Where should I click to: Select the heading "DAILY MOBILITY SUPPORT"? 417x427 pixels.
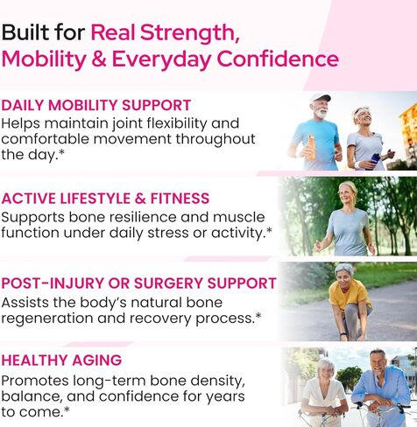96,105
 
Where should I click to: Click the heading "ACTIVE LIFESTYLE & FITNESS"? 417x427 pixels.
106,198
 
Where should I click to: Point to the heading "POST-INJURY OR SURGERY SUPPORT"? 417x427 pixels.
138,283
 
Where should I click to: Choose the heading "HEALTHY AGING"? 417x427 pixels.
61,360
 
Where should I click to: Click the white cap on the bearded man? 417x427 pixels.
321,98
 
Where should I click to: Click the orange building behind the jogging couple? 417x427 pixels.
407,123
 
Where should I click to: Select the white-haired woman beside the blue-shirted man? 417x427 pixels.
324,389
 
